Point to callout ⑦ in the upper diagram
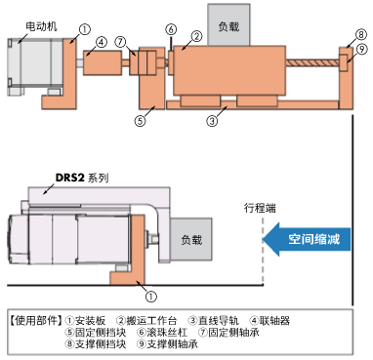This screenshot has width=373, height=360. pyautogui.click(x=120, y=41)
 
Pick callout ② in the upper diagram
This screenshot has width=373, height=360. pyautogui.click(x=196, y=36)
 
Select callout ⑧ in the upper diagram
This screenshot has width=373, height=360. pyautogui.click(x=361, y=33)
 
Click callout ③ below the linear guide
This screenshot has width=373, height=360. pyautogui.click(x=211, y=122)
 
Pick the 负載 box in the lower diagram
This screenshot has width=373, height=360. pyautogui.click(x=186, y=239)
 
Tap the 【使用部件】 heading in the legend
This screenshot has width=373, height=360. pyautogui.click(x=33, y=319)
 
